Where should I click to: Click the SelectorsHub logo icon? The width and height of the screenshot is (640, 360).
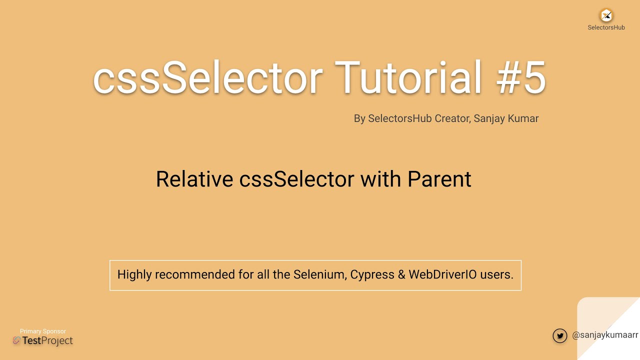[x=606, y=15]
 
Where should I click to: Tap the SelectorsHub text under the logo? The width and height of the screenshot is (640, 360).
[x=606, y=27]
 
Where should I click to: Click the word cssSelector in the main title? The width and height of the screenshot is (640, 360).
[x=207, y=78]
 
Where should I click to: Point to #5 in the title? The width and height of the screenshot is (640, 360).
[x=521, y=78]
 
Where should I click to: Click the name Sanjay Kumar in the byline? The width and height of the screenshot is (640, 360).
[x=506, y=118]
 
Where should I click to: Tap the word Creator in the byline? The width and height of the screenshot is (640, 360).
[x=452, y=118]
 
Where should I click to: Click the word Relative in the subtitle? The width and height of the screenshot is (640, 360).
[x=194, y=179]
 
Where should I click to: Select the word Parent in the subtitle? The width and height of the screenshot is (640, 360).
[x=439, y=179]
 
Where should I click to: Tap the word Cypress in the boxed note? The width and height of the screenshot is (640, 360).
[x=372, y=274]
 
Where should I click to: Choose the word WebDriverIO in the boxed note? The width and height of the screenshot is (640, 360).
[x=442, y=274]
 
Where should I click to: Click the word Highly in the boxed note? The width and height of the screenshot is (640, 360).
[x=134, y=274]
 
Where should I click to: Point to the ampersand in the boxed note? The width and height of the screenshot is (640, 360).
[x=401, y=274]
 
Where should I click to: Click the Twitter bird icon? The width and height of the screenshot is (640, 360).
[x=560, y=335]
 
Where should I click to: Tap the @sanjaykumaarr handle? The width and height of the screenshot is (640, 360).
[x=605, y=335]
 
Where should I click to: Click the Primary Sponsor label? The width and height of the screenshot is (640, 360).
[x=43, y=331]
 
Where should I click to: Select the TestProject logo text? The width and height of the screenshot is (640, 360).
[x=47, y=341]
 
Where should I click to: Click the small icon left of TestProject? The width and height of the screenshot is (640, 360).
[x=16, y=340]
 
